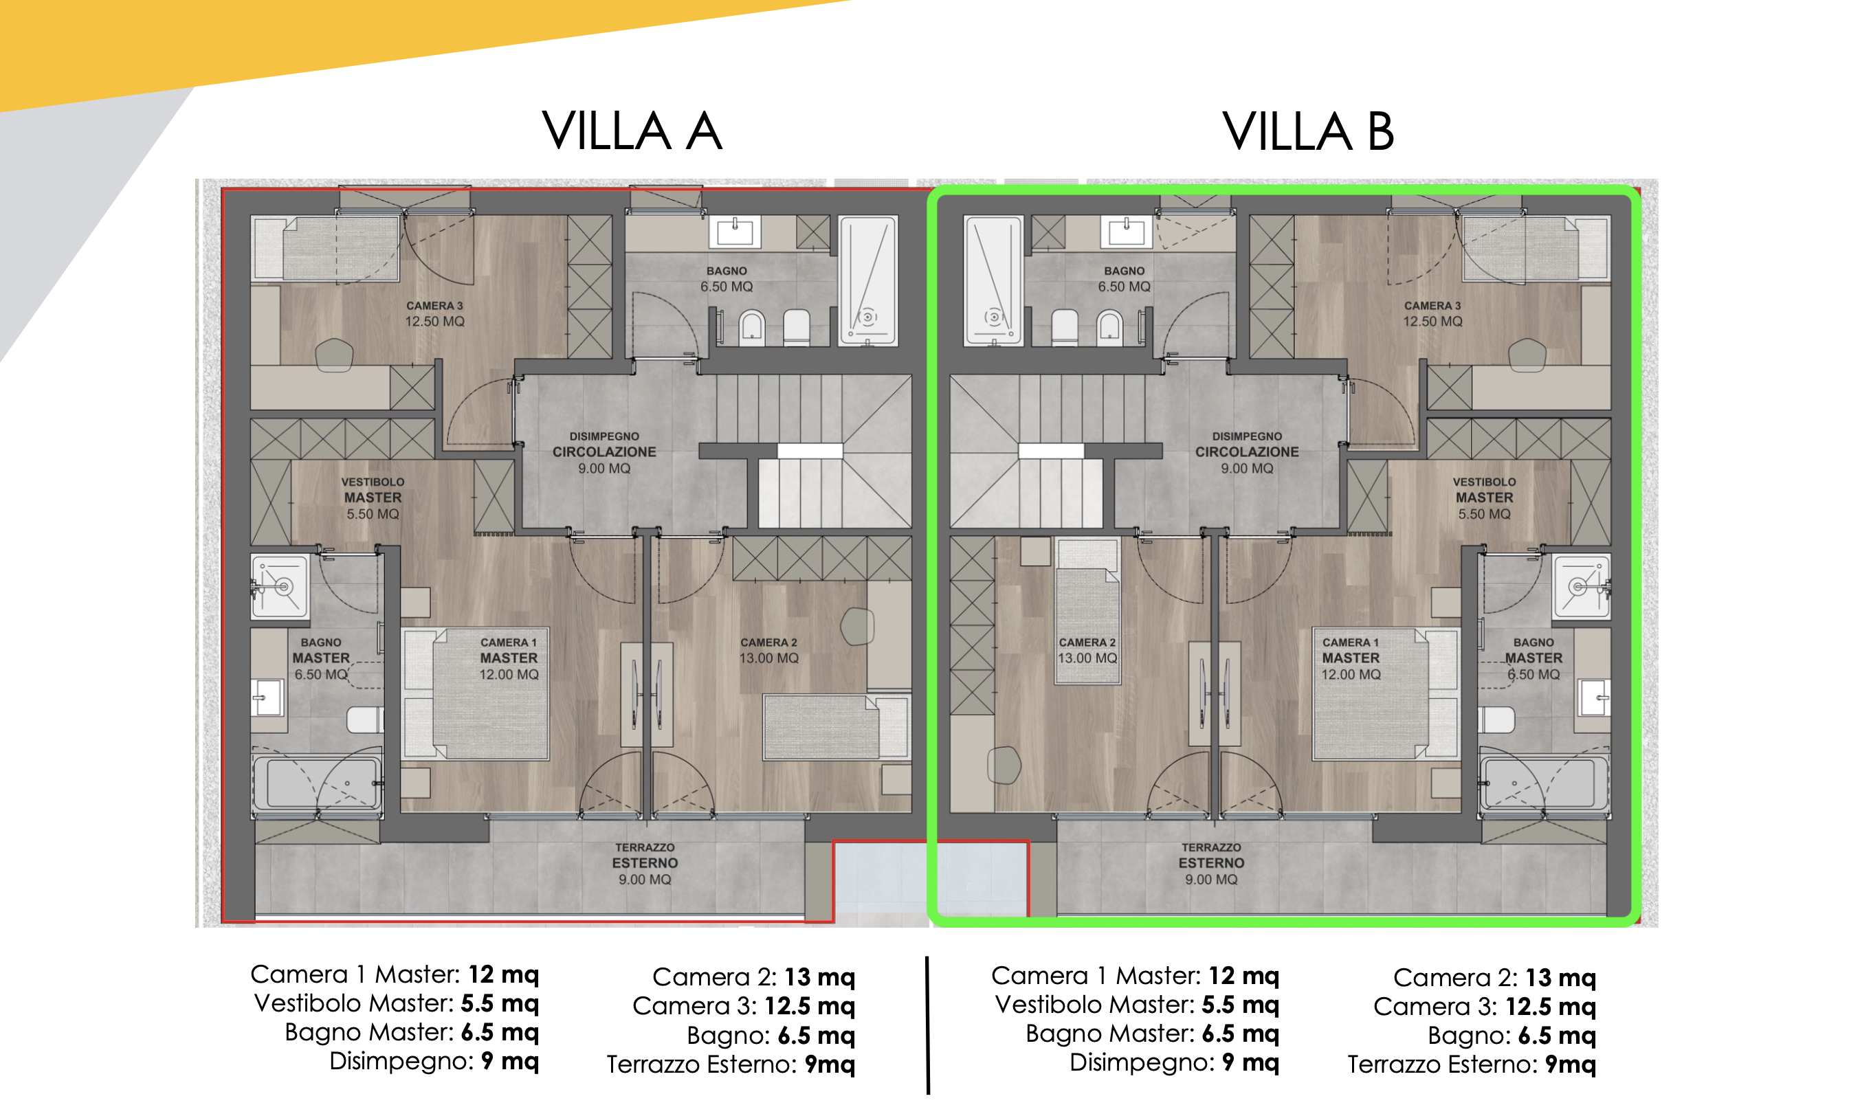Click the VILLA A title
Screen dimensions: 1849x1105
(x=632, y=131)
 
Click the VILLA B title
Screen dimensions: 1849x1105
(x=1307, y=132)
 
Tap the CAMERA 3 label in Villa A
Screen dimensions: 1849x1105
(x=434, y=313)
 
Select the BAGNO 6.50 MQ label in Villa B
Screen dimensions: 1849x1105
(x=1124, y=279)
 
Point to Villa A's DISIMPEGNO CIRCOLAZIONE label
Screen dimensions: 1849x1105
(x=604, y=452)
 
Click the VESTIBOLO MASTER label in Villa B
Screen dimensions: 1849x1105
(x=1484, y=498)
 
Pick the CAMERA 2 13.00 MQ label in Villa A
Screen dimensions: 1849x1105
(x=768, y=650)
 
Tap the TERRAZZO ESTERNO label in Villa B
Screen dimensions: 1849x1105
(x=1211, y=863)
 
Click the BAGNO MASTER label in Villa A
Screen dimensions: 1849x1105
(x=321, y=658)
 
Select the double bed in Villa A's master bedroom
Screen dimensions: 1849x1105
(x=475, y=693)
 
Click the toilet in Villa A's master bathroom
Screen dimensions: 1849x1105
(x=365, y=719)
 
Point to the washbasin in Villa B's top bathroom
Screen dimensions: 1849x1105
(x=1126, y=232)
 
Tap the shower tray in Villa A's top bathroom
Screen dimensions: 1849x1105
(x=868, y=280)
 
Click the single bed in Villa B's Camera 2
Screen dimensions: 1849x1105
(x=1088, y=611)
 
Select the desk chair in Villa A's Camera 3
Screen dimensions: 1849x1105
(x=334, y=355)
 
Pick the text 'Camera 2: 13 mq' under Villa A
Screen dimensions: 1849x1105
(x=753, y=976)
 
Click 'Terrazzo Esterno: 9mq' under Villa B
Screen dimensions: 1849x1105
(x=1472, y=1064)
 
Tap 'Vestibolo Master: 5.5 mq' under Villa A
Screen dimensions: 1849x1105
(x=396, y=1003)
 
